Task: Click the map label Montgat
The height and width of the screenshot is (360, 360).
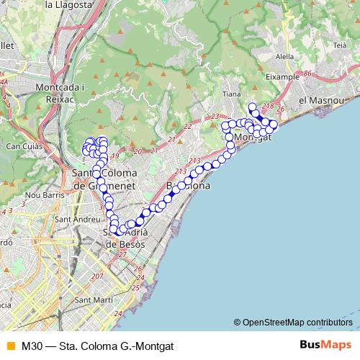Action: coord(253,137)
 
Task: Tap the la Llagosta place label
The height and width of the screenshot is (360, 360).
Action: coord(68,4)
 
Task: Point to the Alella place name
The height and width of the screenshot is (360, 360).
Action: coord(285,55)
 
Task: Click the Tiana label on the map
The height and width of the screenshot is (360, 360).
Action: coord(232,94)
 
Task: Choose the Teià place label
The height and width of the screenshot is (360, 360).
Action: coord(341,45)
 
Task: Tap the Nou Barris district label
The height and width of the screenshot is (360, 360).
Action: coord(42,194)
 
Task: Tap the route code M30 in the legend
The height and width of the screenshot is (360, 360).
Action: coord(32,346)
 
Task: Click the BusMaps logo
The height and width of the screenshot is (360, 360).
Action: coord(325,346)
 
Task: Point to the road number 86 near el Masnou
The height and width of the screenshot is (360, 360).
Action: coord(307,73)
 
